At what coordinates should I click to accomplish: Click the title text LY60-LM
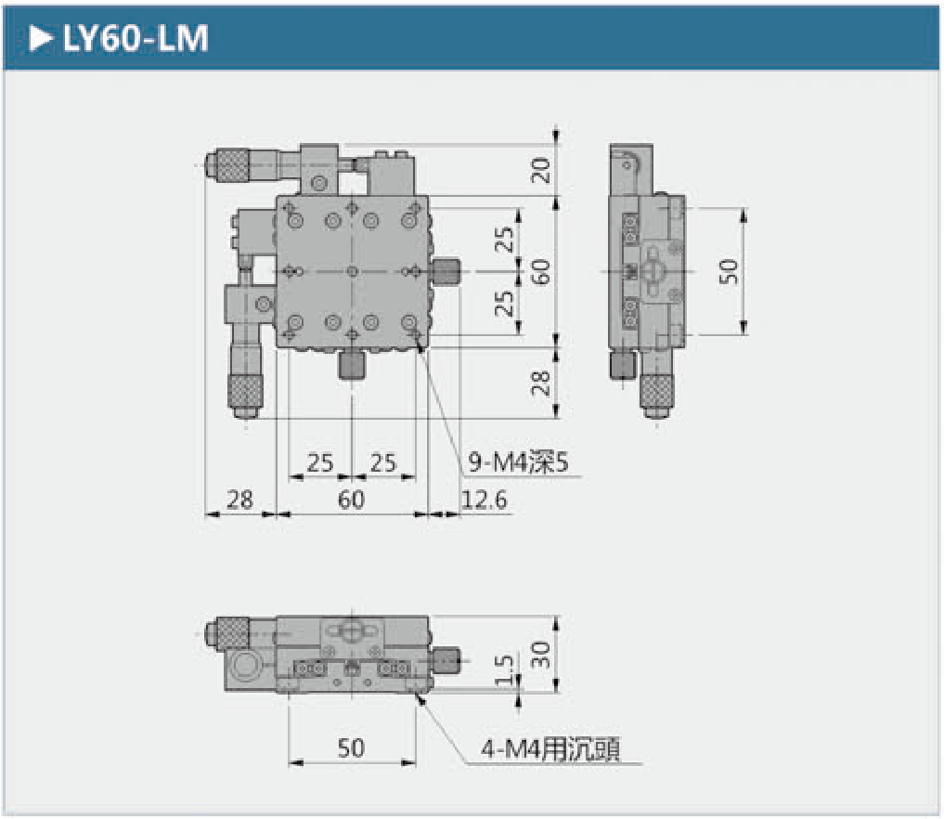(x=135, y=39)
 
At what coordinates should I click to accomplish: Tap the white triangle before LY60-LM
(x=41, y=39)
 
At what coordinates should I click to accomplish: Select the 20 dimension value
(x=541, y=169)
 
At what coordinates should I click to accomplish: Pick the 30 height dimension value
(x=541, y=655)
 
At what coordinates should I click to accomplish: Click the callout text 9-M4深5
(x=517, y=461)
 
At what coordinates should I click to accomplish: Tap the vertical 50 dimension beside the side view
(x=730, y=270)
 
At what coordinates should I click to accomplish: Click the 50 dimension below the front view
(x=351, y=747)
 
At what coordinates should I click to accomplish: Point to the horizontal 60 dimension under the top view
(x=351, y=500)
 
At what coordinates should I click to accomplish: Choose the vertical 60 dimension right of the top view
(x=541, y=270)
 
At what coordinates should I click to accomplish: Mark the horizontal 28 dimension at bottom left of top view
(x=239, y=500)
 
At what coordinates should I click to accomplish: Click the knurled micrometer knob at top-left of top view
(x=231, y=165)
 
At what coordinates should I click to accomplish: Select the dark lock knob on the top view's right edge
(x=446, y=271)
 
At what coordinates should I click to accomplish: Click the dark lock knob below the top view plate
(x=352, y=364)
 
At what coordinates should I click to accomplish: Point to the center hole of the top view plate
(x=352, y=270)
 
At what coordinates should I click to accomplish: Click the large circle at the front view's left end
(x=248, y=668)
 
